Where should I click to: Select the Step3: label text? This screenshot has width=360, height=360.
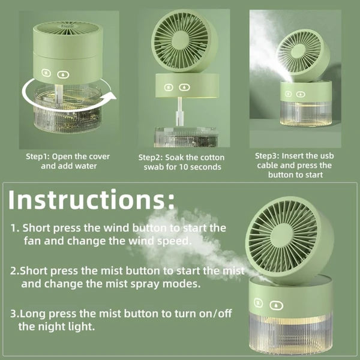[269, 155]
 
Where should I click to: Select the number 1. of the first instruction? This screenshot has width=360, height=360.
[15, 229]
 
